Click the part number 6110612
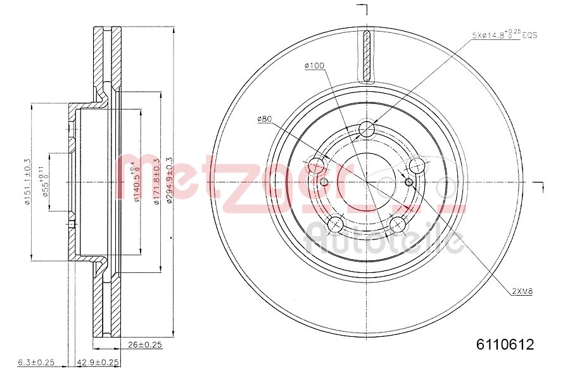point(505,345)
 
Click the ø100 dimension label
point(314,66)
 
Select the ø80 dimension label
point(264,118)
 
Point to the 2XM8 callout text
point(522,291)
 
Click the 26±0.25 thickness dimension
point(144,345)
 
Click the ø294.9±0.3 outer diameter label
point(168,180)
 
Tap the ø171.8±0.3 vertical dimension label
point(155,180)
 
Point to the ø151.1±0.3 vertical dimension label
point(27,181)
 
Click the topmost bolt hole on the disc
point(367,130)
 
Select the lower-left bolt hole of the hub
point(334,224)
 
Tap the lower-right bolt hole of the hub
point(398,224)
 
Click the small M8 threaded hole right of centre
point(408,182)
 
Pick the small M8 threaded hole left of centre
point(324,182)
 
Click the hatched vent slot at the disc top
point(367,56)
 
